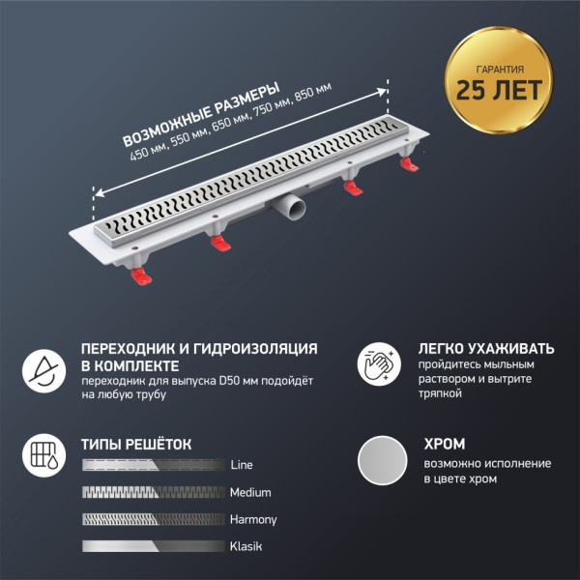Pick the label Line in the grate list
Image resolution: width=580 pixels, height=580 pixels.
tap(242, 465)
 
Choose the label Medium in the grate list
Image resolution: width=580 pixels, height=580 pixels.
tap(249, 492)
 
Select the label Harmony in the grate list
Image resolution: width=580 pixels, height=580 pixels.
tap(253, 519)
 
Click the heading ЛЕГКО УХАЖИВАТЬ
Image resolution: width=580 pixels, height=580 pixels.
tap(486, 348)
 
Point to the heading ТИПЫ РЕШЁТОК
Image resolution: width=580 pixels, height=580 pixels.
tap(136, 445)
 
